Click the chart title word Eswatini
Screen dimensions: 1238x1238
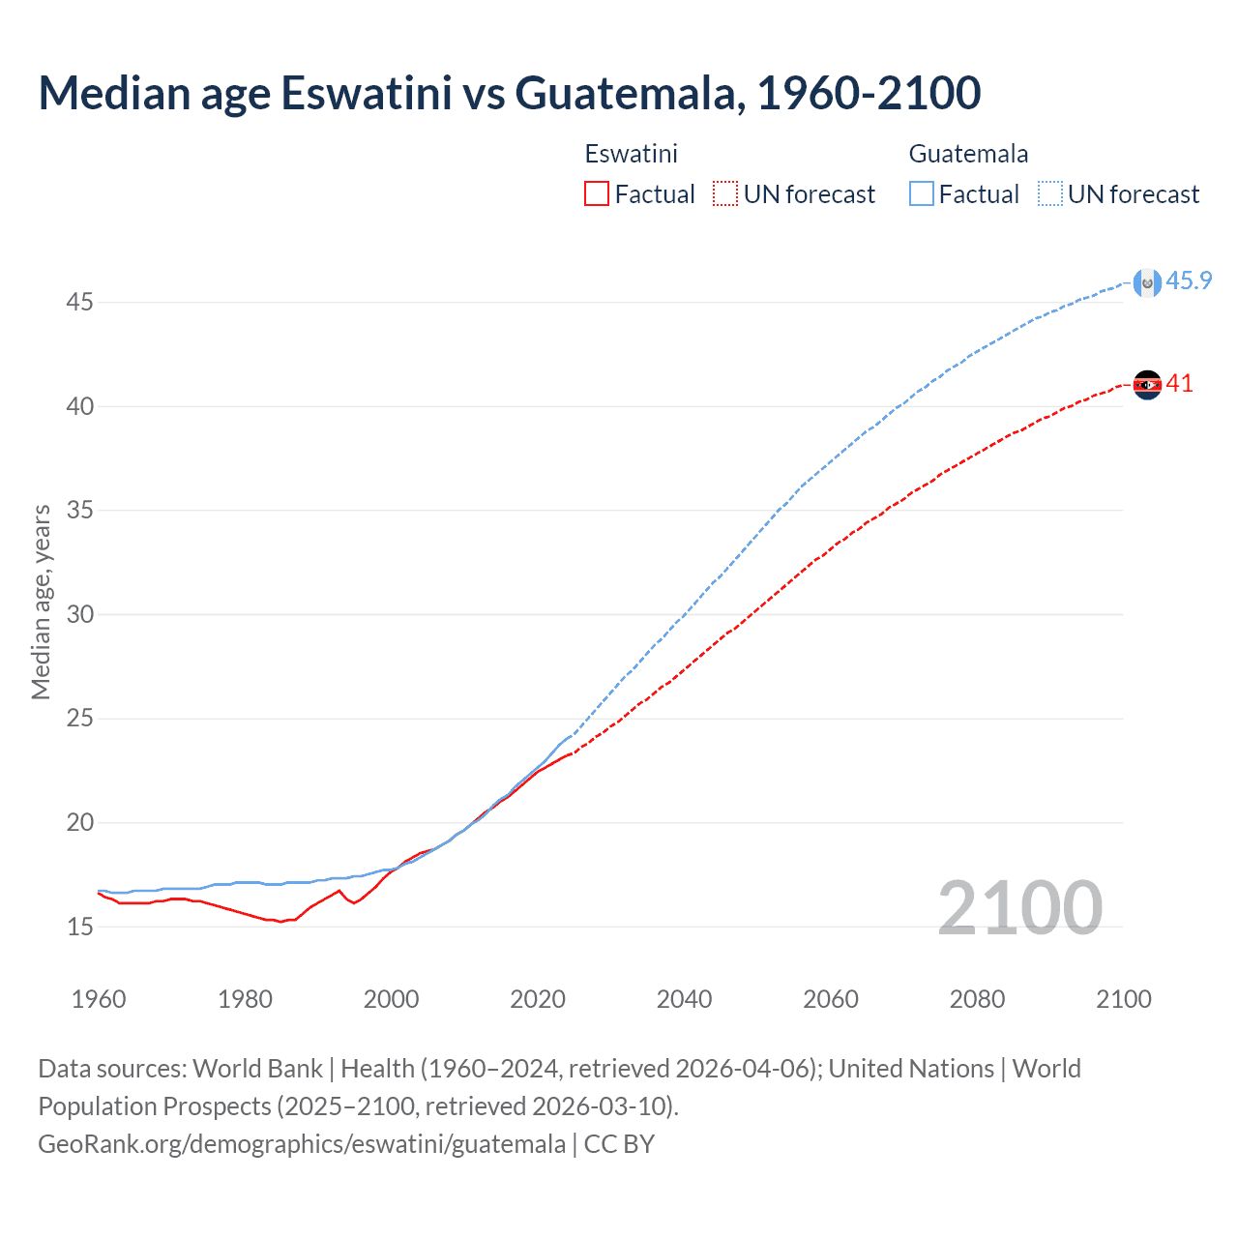(366, 93)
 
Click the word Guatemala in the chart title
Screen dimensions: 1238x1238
(630, 93)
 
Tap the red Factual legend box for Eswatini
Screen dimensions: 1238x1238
(597, 194)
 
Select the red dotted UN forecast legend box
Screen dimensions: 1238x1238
(725, 194)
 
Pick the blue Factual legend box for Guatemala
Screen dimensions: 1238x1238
(922, 194)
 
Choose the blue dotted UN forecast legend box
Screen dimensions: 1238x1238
(1050, 194)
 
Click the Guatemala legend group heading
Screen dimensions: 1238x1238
(968, 154)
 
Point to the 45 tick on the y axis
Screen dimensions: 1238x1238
(79, 303)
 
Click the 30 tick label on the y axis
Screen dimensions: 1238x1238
(79, 615)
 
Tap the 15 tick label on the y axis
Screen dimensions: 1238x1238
(79, 928)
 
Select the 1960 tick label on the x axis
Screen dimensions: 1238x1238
(99, 999)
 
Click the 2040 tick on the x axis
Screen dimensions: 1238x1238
(684, 999)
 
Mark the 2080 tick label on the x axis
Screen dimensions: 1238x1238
(977, 999)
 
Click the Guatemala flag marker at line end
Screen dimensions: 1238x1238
(1147, 282)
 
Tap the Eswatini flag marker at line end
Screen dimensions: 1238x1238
(1147, 385)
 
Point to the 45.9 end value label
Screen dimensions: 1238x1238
(1189, 281)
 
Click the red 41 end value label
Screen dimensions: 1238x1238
(1179, 384)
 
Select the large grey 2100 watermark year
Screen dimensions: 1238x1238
(1019, 908)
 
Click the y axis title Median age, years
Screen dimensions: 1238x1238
(41, 602)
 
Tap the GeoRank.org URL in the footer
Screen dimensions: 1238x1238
(302, 1144)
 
